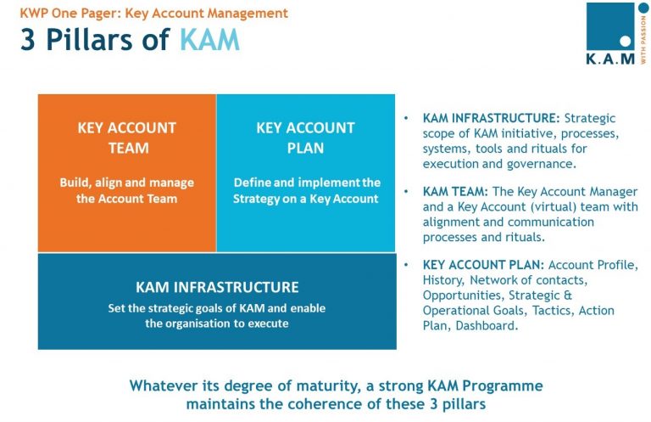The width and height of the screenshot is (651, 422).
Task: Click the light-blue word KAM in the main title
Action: [209, 40]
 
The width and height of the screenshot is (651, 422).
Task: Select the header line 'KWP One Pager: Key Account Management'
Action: [153, 14]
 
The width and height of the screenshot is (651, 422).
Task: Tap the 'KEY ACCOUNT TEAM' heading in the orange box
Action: [127, 138]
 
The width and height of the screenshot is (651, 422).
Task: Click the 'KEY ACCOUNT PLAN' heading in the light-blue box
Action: [305, 138]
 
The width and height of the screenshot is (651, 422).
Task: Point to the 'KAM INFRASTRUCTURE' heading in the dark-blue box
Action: [217, 287]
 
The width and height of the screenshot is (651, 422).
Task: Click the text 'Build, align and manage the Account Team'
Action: [127, 190]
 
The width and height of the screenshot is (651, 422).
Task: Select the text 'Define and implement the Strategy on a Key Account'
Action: [306, 190]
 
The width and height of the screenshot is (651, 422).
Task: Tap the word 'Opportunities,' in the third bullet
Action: [464, 295]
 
